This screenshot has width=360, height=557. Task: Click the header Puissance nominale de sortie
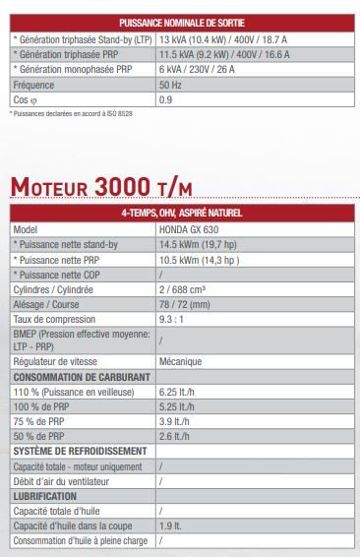tap(182, 21)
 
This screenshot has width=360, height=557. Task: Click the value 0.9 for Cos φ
tap(165, 100)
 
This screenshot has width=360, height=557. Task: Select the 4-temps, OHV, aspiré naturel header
tap(182, 213)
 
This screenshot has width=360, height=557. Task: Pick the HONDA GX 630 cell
tap(190, 228)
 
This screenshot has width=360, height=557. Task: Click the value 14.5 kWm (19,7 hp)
tap(199, 244)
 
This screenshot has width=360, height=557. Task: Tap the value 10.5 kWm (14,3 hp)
tap(199, 260)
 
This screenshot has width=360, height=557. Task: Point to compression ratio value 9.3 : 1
tap(173, 321)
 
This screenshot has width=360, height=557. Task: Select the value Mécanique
tap(180, 361)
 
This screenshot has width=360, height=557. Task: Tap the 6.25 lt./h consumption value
tap(177, 392)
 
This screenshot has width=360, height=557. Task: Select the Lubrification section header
tap(44, 496)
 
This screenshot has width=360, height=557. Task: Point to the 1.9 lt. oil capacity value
tap(170, 526)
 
